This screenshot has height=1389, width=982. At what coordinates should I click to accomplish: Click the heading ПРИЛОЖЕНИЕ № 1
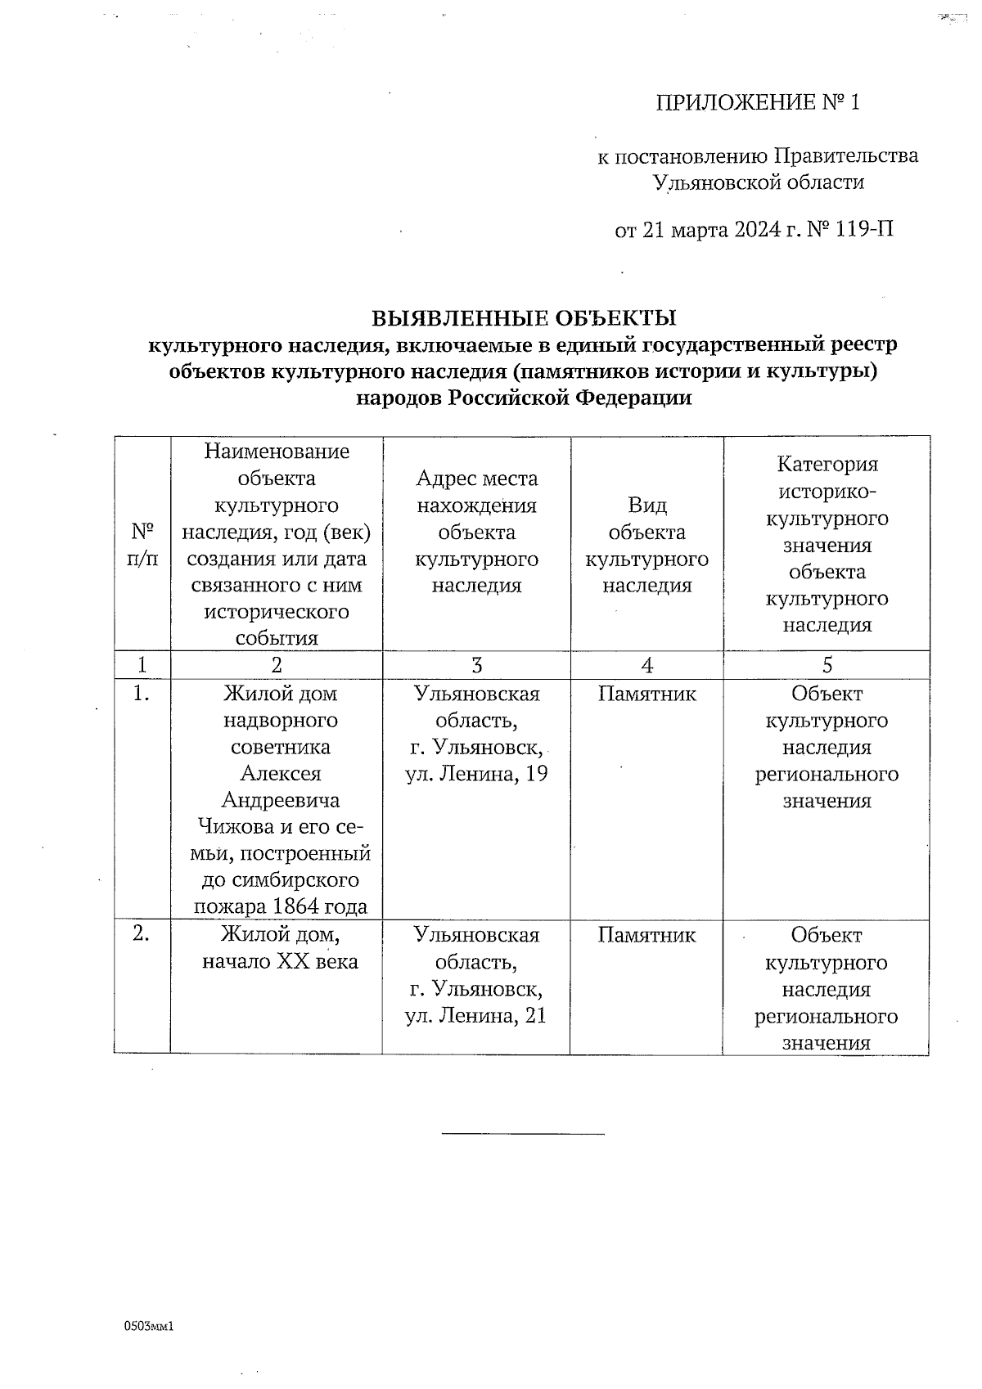tap(758, 103)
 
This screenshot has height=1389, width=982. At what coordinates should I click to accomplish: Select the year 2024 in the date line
tap(757, 230)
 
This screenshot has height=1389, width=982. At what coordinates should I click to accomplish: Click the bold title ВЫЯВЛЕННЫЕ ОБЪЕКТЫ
tap(524, 317)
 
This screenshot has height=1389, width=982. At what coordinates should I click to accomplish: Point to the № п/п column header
tap(143, 546)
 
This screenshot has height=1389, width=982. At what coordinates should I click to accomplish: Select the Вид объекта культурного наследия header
tap(646, 545)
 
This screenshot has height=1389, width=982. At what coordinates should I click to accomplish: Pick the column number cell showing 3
tap(476, 665)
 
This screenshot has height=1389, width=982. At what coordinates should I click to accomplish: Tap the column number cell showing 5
tap(827, 665)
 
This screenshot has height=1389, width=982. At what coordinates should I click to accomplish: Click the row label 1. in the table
tap(142, 694)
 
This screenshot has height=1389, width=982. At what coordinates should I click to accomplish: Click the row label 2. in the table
tap(142, 934)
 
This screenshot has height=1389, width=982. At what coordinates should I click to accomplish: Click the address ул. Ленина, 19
tap(476, 774)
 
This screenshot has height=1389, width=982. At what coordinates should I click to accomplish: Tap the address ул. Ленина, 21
tap(476, 1015)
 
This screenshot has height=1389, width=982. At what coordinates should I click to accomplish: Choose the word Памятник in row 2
tap(646, 935)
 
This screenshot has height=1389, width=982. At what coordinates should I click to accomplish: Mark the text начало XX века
tap(280, 961)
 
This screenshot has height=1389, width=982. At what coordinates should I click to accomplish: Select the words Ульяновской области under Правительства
tap(758, 182)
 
